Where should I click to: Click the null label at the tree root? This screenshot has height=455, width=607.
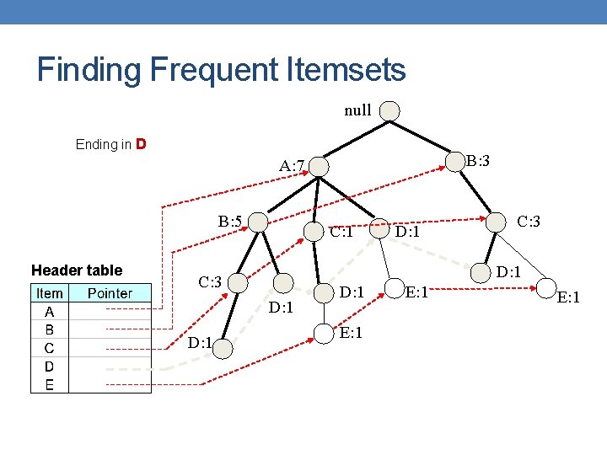coord(357,110)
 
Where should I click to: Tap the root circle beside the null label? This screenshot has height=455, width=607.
coord(389,110)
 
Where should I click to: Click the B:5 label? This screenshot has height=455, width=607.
coord(230,222)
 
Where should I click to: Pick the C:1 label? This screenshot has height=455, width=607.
coord(341,232)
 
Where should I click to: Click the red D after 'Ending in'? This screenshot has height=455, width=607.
coord(142,143)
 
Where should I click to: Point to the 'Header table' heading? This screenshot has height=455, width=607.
coord(77,270)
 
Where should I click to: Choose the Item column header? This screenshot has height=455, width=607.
coord(49,293)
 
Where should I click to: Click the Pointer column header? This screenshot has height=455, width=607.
coord(110,293)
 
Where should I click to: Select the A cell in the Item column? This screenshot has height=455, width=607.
coord(49,311)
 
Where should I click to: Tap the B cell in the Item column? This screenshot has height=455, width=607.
coord(49,329)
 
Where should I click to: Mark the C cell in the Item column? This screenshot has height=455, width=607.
coord(49,348)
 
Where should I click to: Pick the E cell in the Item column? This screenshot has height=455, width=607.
coord(49,385)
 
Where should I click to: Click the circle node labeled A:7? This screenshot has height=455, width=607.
coord(319,167)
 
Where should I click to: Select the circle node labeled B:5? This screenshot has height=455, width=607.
coord(258,222)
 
